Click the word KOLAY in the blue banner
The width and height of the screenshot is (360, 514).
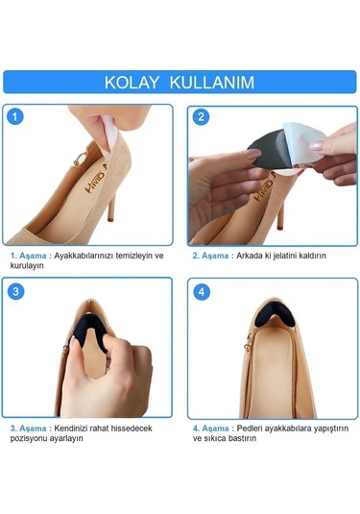(x=132, y=83)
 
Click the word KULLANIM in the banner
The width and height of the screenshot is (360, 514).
(x=212, y=83)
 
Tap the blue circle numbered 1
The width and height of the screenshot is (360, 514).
(x=15, y=116)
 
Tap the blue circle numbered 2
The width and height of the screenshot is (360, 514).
(x=201, y=117)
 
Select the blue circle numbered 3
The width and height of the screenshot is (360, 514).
(x=15, y=291)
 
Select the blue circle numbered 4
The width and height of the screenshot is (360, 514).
(x=202, y=292)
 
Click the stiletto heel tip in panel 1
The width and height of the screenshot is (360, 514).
(x=110, y=218)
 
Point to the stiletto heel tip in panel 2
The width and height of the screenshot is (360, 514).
(x=280, y=226)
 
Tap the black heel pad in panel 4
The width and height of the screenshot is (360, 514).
(x=275, y=314)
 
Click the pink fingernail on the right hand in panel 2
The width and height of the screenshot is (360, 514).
(x=317, y=145)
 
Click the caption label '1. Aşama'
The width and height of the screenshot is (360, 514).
(x=28, y=256)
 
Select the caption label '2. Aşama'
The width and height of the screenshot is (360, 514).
(x=210, y=256)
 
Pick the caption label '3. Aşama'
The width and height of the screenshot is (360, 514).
(x=28, y=428)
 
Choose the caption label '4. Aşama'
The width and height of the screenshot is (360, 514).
(x=210, y=428)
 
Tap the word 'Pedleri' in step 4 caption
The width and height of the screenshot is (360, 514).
(x=250, y=428)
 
